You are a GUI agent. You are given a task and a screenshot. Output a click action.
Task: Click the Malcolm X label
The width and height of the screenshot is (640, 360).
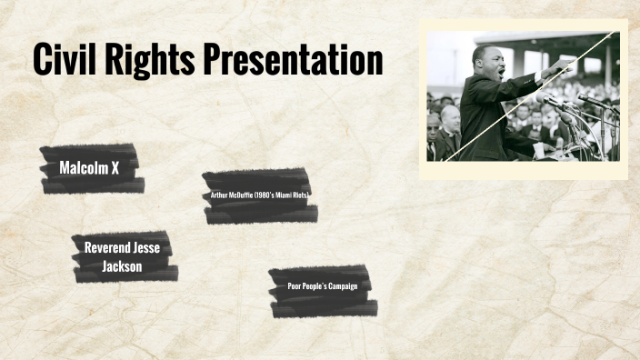pyautogui.click(x=89, y=168)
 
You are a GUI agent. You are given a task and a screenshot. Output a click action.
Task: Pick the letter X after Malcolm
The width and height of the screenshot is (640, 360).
pyautogui.click(x=115, y=168)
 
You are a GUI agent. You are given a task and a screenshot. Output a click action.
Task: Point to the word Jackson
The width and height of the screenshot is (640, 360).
pyautogui.click(x=122, y=265)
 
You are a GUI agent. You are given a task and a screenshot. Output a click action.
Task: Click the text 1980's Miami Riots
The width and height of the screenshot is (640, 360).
pyautogui.click(x=281, y=195)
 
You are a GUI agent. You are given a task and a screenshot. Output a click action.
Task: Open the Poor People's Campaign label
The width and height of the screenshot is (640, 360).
pyautogui.click(x=323, y=286)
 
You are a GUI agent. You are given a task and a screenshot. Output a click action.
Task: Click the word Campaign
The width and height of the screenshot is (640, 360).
pyautogui.click(x=342, y=286)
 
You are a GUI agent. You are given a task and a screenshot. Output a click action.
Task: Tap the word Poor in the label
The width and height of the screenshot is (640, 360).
pyautogui.click(x=295, y=286)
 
